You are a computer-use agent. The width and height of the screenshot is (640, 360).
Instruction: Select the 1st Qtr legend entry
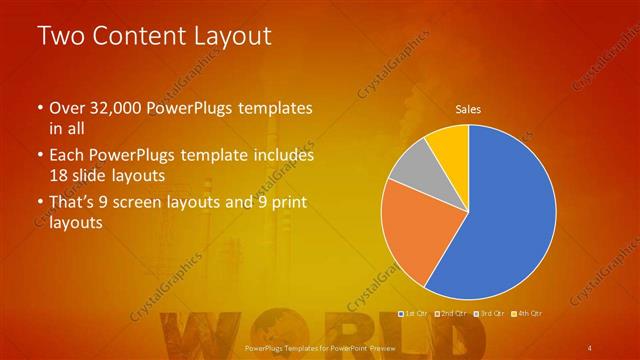pyautogui.click(x=413, y=315)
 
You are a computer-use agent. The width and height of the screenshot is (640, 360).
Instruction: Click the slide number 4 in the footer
pyautogui.click(x=590, y=348)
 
